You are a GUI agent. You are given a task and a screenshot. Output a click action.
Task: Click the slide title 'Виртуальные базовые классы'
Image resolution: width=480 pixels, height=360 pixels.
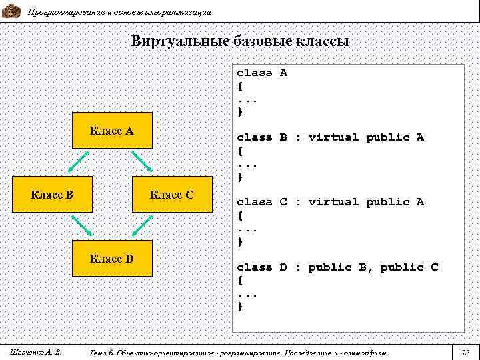coord(240,41)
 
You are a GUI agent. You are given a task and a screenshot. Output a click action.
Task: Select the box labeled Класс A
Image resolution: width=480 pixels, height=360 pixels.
coord(112,131)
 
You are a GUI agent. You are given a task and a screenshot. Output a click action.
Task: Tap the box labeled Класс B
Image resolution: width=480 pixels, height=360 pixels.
coord(53,195)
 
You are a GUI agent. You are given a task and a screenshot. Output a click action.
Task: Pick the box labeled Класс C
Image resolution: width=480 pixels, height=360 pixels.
coord(172,195)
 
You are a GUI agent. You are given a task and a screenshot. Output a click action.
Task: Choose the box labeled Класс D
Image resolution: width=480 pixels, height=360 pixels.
coord(112,258)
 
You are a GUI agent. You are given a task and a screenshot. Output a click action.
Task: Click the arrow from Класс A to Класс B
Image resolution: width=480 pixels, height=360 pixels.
coord(78,161)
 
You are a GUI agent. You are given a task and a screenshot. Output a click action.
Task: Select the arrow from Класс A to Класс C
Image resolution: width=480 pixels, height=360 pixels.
coord(141,161)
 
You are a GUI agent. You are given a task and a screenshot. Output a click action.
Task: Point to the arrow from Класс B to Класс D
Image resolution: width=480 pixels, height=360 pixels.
coord(82,225)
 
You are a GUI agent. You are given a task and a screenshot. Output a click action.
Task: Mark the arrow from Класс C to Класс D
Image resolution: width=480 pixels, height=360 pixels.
coord(142,225)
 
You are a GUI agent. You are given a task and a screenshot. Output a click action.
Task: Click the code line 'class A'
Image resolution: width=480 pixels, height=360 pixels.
coord(262,73)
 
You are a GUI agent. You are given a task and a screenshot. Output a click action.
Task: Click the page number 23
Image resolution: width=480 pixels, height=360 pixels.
coord(466,351)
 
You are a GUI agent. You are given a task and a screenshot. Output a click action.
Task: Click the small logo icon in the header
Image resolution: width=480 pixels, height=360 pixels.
coord(11,11)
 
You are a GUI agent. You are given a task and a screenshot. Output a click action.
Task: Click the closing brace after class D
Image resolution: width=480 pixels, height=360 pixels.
coord(241,306)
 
